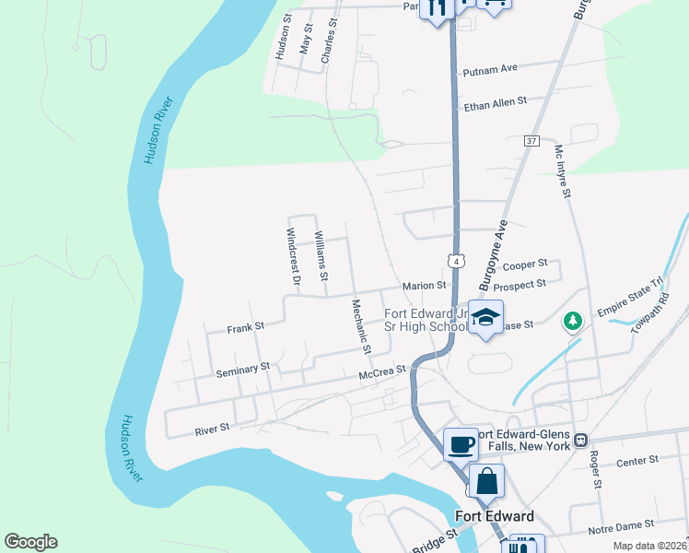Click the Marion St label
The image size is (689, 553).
[424, 286]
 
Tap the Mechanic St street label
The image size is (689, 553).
[360, 326]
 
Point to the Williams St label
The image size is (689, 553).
[321, 255]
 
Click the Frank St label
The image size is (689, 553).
[246, 327]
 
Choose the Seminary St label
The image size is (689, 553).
[242, 371]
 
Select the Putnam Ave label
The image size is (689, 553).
[492, 68]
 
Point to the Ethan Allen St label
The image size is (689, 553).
[496, 101]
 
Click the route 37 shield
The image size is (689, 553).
[531, 140]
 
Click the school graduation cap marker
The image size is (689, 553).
[485, 318]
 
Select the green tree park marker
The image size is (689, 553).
[573, 321]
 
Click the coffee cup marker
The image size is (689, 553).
[461, 445]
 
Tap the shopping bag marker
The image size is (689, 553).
[486, 481]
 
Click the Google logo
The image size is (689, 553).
[30, 542]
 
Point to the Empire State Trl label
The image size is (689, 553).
[630, 297]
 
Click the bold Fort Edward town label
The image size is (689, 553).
[495, 516]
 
